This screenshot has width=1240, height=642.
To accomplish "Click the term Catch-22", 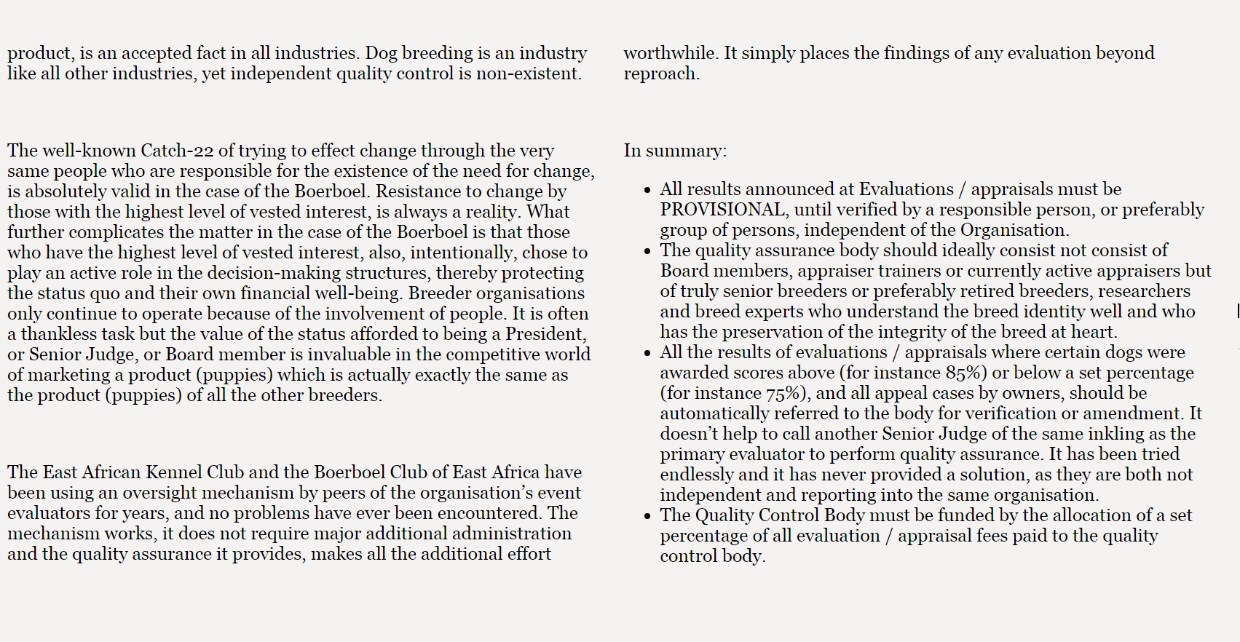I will pyautogui.click(x=177, y=151).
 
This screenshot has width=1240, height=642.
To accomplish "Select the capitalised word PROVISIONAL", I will pyautogui.click(x=722, y=210).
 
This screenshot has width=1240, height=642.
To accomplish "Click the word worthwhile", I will pyautogui.click(x=670, y=53).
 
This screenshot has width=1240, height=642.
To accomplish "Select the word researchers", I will pyautogui.click(x=1144, y=291).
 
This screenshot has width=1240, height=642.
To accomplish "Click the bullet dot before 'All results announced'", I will pyautogui.click(x=647, y=191).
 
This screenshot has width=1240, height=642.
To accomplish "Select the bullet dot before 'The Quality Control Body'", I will pyautogui.click(x=647, y=517).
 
